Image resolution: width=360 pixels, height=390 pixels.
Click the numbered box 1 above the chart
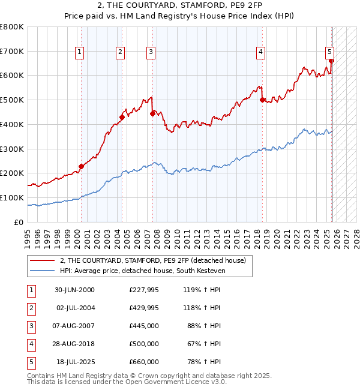tap(80, 53)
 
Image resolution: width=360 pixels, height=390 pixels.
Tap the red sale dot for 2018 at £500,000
tap(262, 100)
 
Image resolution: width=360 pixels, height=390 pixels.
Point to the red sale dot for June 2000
tap(81, 166)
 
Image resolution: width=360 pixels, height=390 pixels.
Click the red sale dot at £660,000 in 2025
tap(331, 61)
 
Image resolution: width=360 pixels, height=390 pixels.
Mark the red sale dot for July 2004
tap(121, 118)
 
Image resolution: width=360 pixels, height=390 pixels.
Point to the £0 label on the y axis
tap(18, 222)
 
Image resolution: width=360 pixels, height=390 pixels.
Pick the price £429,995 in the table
tap(144, 308)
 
